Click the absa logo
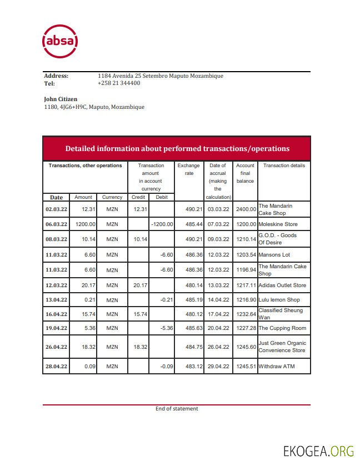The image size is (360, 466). [60, 41]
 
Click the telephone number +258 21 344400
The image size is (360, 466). [118, 83]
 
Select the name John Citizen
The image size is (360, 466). [61, 99]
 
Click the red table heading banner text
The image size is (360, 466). [177, 148]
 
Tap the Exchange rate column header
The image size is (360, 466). [188, 169]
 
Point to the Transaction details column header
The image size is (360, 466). [284, 166]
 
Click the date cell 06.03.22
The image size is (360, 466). [56, 224]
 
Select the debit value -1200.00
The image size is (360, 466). [162, 224]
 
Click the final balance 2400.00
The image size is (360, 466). [245, 209]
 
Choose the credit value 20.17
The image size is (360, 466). [138, 285]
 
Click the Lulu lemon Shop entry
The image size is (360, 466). [279, 300]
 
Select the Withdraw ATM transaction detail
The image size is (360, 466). [277, 367]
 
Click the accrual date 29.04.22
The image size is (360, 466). [218, 367]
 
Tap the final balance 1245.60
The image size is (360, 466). [245, 347]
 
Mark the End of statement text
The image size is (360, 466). [177, 409]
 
